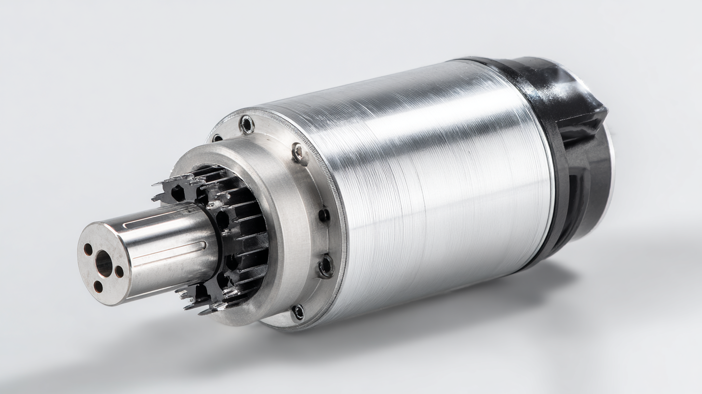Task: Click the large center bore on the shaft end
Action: point(104,264)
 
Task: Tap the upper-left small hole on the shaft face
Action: point(88,250)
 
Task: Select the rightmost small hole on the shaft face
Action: point(119,271)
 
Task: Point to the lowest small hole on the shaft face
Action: point(98,286)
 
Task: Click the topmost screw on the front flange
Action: point(247,125)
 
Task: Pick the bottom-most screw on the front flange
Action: point(298,312)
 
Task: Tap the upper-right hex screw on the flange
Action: point(299,154)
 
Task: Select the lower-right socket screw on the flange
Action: point(326,266)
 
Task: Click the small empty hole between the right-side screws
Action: point(324,215)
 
